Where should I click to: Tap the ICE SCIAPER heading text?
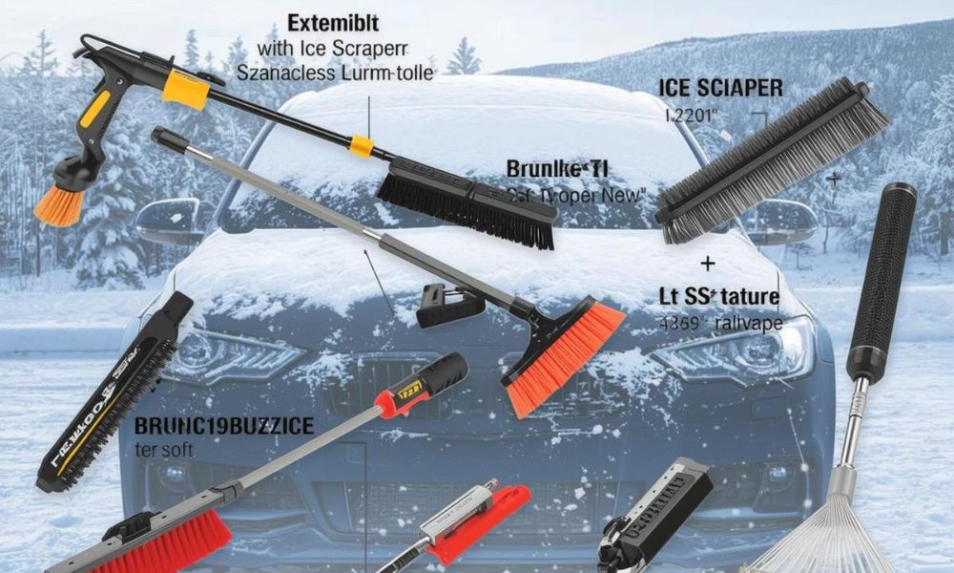pyautogui.click(x=720, y=89)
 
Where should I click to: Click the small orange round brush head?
pyautogui.click(x=60, y=203)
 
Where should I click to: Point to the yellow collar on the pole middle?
pyautogui.click(x=361, y=145)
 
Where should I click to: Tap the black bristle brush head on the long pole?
pyautogui.click(x=467, y=202)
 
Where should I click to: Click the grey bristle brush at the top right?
pyautogui.click(x=773, y=158)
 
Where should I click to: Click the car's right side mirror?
pyautogui.click(x=782, y=222)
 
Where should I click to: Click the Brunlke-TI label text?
pyautogui.click(x=557, y=171)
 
